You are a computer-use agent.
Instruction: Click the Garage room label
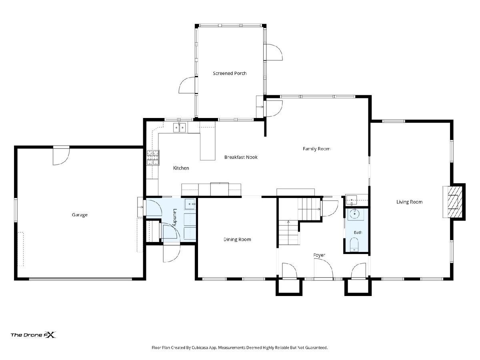click(x=80, y=215)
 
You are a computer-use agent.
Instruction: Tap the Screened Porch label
click(x=230, y=74)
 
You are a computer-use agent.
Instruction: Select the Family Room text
click(x=316, y=149)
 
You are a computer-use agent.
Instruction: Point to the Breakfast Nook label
click(x=241, y=157)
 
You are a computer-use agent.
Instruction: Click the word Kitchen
click(x=181, y=168)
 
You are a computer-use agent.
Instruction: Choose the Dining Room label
click(x=237, y=240)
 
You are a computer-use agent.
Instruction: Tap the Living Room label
click(x=409, y=202)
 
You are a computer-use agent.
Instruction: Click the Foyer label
click(x=319, y=255)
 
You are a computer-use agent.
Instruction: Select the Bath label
click(x=358, y=232)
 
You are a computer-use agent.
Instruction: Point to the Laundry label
click(x=175, y=218)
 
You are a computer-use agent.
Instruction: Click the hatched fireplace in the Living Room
click(x=455, y=202)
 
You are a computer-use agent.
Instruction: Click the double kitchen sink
click(x=179, y=128)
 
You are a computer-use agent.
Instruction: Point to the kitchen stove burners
click(x=153, y=157)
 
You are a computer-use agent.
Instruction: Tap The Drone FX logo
click(x=33, y=335)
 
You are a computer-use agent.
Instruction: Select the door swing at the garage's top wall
click(x=61, y=156)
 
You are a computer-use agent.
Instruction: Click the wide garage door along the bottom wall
click(x=80, y=279)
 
